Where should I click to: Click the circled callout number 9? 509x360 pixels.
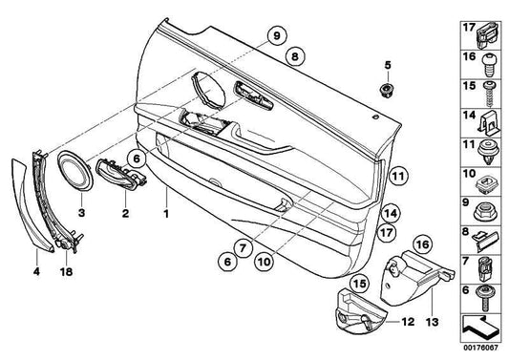276,35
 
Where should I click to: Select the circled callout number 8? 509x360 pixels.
295,56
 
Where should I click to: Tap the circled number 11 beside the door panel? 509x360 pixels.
398,177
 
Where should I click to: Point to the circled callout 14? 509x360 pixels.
390,214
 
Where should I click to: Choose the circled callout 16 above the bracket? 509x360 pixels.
423,244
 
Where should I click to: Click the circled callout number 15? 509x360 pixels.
360,284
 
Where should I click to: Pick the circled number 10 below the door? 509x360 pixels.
264,262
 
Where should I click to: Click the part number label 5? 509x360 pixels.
388,65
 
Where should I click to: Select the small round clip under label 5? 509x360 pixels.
387,90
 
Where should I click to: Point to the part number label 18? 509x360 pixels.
66,271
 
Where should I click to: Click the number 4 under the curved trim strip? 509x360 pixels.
36,271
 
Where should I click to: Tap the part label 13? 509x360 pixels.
433,322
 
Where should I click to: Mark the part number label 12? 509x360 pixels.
408,322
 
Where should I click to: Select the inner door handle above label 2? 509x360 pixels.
120,174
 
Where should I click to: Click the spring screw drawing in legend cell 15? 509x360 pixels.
489,95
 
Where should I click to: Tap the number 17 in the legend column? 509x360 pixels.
469,28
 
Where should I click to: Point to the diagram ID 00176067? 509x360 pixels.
480,348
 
